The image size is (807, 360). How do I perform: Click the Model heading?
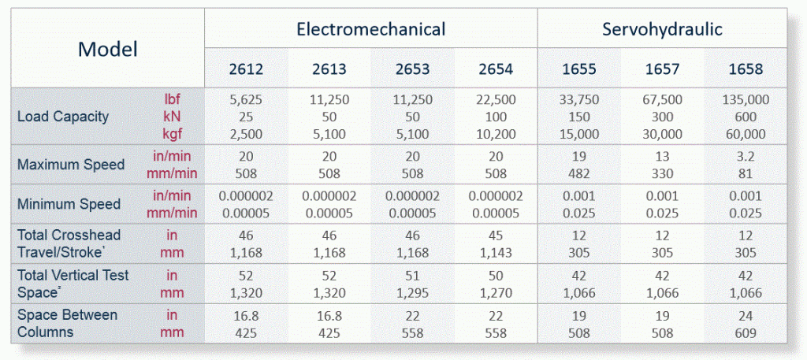[x=107, y=50]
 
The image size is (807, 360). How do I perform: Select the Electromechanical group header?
[x=370, y=30]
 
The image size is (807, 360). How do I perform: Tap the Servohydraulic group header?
[x=662, y=30]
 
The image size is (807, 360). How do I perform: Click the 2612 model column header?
[x=245, y=69]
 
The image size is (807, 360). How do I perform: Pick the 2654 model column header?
[x=495, y=69]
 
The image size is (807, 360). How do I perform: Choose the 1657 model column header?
[x=661, y=69]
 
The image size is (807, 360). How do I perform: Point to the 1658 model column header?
[x=745, y=69]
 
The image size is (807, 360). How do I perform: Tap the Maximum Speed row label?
[x=71, y=165]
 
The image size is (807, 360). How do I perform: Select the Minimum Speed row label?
[x=69, y=204]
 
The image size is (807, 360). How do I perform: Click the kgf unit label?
[x=172, y=134]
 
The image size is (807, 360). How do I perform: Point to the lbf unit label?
[x=172, y=99]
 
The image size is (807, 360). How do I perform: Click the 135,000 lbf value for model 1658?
[x=745, y=100]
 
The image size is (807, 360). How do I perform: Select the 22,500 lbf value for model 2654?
[x=495, y=100]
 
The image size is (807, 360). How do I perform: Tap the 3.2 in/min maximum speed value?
[x=745, y=157]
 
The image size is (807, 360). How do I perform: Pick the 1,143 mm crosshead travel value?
[x=495, y=253]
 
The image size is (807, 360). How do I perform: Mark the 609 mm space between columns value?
[x=745, y=332]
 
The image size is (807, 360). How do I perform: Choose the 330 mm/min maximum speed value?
[x=661, y=173]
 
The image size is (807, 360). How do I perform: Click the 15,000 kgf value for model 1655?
[x=578, y=134]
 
